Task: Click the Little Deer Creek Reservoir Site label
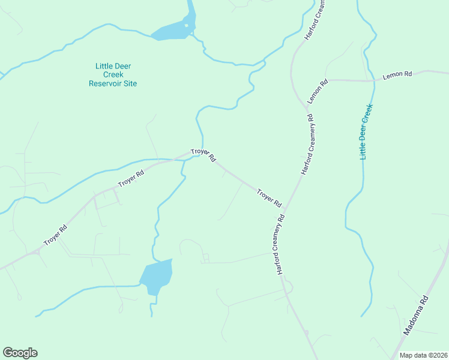(x=113, y=74)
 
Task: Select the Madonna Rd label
(x=416, y=315)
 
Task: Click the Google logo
(x=20, y=353)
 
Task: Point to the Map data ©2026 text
(x=423, y=355)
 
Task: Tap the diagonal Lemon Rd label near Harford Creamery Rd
(x=318, y=91)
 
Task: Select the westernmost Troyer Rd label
(x=55, y=235)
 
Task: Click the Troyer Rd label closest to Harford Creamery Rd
(x=269, y=198)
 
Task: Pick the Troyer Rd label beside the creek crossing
(x=203, y=155)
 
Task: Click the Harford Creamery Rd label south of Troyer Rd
(x=280, y=243)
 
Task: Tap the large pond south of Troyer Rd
(x=156, y=276)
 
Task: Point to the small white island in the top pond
(x=186, y=25)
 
